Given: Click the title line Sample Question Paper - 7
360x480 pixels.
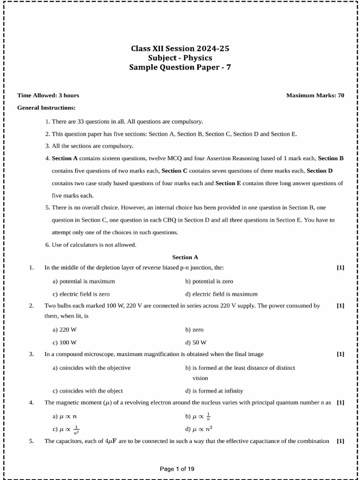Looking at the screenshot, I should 180,67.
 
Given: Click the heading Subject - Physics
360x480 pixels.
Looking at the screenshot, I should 180,58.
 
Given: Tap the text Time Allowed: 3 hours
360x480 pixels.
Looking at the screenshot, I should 48,95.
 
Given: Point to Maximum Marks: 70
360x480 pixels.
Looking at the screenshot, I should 315,95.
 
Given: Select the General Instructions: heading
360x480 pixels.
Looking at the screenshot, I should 46,108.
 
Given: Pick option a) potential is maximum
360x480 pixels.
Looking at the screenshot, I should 83,281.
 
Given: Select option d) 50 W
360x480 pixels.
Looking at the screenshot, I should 195,343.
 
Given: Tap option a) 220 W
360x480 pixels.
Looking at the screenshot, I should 65,330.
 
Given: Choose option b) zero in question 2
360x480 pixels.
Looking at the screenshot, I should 194,330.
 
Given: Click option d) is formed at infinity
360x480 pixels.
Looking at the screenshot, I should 214,390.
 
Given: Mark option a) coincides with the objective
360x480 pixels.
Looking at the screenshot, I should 91,368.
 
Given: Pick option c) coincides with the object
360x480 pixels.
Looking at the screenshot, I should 88,390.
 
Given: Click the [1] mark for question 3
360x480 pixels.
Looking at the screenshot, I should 340,354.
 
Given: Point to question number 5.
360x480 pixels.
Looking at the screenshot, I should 31,441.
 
